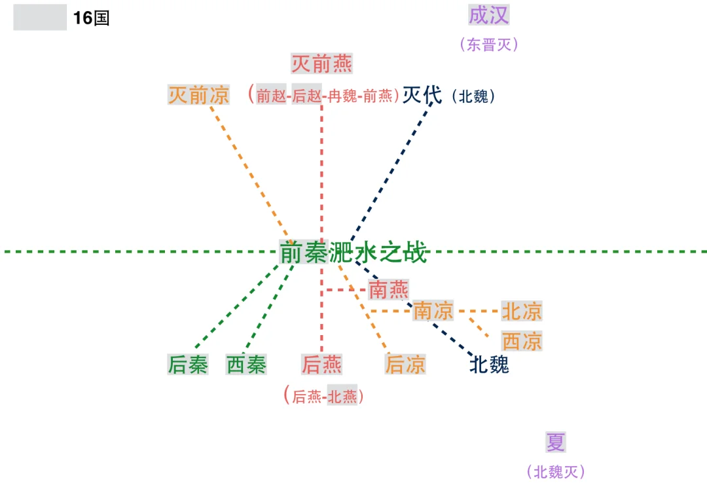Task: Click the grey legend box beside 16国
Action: pos(40,18)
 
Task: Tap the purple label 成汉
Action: pos(488,15)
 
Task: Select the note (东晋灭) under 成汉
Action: pos(489,45)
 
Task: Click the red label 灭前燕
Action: pos(321,64)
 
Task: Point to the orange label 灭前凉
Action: pos(198,96)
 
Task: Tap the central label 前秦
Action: pos(303,252)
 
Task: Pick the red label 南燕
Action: pos(388,289)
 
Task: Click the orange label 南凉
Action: pos(433,311)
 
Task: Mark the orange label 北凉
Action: pos(522,312)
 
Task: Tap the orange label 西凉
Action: pos(522,341)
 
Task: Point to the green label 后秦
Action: pos(188,365)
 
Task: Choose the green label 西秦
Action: pos(246,365)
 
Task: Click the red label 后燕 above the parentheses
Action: pos(321,365)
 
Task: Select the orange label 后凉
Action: pos(405,365)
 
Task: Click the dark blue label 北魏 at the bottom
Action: pos(489,365)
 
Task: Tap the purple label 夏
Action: pos(555,442)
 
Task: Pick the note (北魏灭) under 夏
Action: pos(556,471)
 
